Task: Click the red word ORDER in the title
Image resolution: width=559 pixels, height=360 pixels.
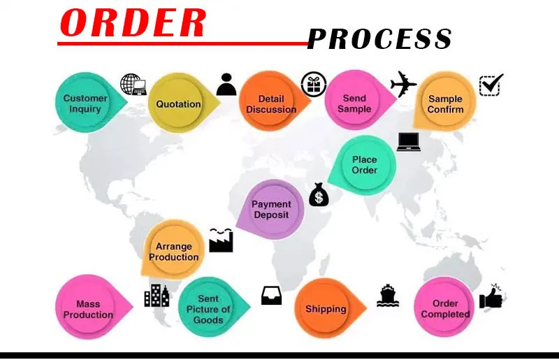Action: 133,23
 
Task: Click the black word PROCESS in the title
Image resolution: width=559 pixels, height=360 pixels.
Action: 379,39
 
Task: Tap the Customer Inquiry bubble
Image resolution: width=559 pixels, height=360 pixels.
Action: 86,103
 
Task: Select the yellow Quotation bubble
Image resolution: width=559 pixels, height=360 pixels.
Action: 178,104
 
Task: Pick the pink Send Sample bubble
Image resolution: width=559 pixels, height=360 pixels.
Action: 356,103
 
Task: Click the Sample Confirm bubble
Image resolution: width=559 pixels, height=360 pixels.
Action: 445,104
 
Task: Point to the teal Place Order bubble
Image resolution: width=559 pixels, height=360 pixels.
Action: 365,165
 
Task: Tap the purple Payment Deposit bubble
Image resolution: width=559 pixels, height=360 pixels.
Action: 271,209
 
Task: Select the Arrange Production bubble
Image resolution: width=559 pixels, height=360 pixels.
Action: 174,252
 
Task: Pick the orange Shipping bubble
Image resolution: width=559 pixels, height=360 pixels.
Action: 326,308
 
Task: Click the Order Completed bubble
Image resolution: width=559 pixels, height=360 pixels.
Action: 445,308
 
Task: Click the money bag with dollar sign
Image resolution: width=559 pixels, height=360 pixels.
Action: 319,195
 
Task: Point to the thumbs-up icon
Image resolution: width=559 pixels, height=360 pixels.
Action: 491,298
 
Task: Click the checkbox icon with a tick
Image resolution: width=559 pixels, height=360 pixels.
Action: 491,85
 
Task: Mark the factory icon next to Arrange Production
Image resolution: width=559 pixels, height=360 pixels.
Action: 221,240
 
